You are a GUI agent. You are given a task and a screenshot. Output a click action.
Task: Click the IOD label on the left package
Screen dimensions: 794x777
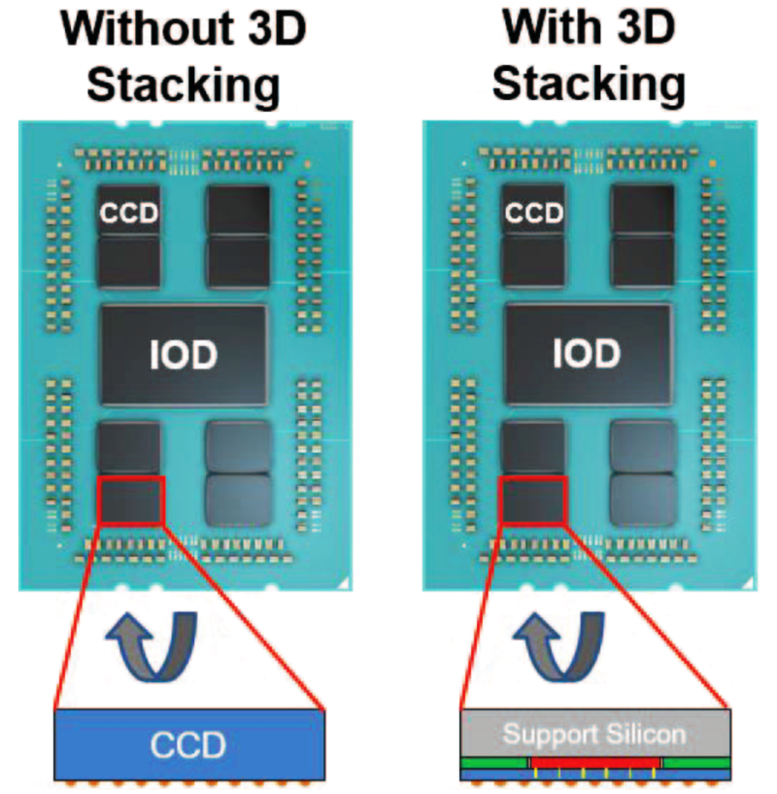(184, 356)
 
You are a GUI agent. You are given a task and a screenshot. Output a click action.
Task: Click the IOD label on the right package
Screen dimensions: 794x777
(587, 356)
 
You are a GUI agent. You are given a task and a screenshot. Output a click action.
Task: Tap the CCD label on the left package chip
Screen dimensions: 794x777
(130, 213)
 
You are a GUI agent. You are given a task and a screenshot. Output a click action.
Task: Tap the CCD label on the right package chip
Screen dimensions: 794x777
(533, 213)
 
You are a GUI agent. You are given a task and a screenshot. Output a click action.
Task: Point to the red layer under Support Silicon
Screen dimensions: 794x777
(593, 763)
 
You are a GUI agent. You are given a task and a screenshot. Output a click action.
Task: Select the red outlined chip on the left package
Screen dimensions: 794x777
(131, 500)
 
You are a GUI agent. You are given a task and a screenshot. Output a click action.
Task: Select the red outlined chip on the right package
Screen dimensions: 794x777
(532, 500)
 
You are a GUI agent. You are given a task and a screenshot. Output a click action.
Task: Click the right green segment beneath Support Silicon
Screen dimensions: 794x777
(695, 763)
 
